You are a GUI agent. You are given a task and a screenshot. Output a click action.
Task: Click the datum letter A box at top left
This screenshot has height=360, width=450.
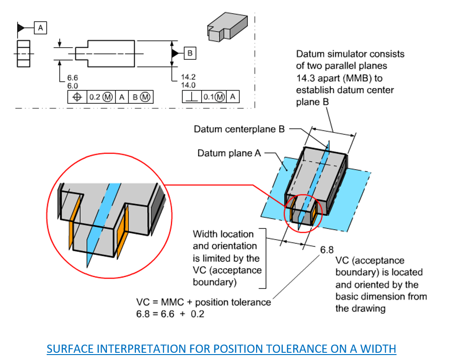tap(40, 28)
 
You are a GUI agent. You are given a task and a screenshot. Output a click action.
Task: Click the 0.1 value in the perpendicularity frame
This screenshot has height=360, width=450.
tap(208, 97)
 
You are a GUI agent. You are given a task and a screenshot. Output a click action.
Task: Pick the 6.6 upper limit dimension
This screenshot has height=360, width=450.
tap(73, 78)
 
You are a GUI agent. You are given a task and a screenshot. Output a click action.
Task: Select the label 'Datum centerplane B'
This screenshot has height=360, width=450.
tap(239, 129)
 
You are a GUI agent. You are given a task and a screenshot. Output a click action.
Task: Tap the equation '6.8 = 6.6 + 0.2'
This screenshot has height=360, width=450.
tap(170, 314)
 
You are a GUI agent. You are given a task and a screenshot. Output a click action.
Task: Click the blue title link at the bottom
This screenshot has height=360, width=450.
tap(221, 349)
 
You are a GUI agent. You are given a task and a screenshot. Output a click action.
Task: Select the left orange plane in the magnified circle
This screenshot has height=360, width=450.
tap(75, 222)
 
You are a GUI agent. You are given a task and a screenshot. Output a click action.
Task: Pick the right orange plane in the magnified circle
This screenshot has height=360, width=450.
tap(123, 222)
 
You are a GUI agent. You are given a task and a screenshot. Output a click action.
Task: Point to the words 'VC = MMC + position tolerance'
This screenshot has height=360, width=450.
tap(203, 302)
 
